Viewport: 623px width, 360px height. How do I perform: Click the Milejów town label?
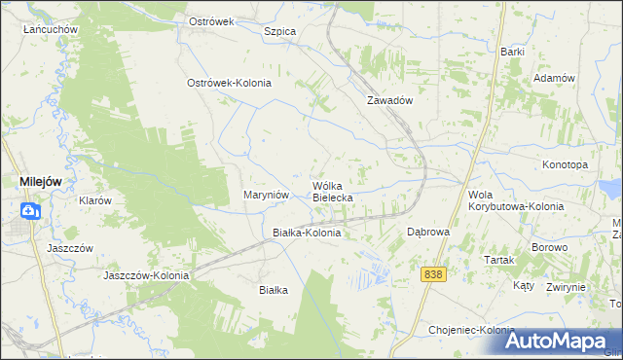[x=44, y=180]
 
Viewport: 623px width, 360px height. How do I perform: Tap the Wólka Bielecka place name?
[x=332, y=191]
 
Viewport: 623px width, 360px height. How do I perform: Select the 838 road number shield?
[x=434, y=275]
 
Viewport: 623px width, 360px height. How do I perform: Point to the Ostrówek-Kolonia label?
[x=229, y=83]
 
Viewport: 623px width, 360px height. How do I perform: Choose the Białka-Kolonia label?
[x=307, y=234]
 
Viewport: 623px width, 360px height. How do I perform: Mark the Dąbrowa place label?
[x=427, y=233]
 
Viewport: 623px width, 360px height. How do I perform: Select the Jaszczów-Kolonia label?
[x=147, y=275]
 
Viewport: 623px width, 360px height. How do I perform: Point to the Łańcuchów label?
[x=51, y=29]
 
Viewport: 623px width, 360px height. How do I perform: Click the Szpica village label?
[x=279, y=31]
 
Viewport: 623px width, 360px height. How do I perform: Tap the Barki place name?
[x=513, y=51]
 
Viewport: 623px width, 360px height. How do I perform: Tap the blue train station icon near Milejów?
[x=29, y=210]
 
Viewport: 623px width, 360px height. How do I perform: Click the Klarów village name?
[x=95, y=200]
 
